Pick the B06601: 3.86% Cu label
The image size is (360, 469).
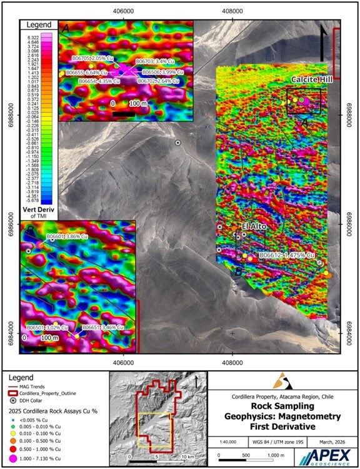[x=69, y=238]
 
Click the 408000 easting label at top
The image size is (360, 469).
[x=232, y=11]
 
